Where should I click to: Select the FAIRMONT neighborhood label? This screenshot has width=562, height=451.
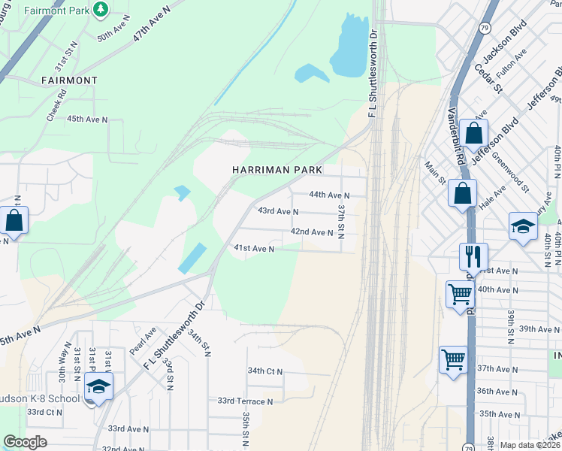pos(69,80)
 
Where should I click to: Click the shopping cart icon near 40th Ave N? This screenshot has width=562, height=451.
pos(460,294)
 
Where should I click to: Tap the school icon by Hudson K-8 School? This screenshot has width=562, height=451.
pos(98,388)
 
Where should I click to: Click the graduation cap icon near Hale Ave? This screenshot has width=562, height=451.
pos(523,225)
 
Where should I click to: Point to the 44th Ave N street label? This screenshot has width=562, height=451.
pos(331,195)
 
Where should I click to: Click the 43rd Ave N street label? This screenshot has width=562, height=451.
pos(278,212)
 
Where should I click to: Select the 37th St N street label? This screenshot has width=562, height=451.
pos(341,221)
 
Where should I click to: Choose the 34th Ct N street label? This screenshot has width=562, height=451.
pos(264,371)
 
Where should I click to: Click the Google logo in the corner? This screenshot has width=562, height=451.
pos(25,442)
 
